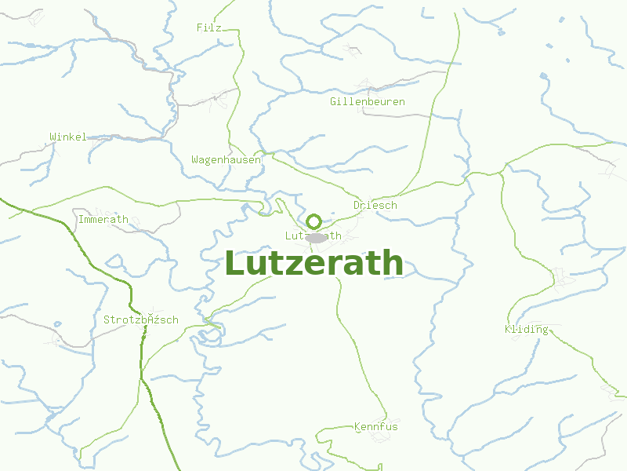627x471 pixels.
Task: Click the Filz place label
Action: click(x=209, y=27)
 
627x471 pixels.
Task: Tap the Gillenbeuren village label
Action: click(x=368, y=102)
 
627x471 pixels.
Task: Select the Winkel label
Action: click(x=68, y=137)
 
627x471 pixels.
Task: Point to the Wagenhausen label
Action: click(x=226, y=159)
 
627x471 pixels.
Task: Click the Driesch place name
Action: click(x=375, y=205)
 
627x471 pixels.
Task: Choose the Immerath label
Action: click(x=103, y=219)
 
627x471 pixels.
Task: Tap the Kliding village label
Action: click(x=527, y=329)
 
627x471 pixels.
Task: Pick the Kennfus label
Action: click(x=376, y=426)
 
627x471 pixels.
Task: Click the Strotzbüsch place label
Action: click(x=141, y=319)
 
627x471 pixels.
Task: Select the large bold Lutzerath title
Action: click(x=313, y=264)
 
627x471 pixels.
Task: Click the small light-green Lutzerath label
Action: click(x=313, y=235)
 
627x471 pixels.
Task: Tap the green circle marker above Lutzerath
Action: click(x=314, y=221)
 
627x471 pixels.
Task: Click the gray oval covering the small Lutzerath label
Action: click(x=315, y=237)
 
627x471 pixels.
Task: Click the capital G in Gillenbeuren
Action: click(x=333, y=102)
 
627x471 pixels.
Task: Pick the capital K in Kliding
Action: click(x=509, y=329)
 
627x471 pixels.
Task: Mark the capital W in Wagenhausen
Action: click(x=194, y=159)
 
